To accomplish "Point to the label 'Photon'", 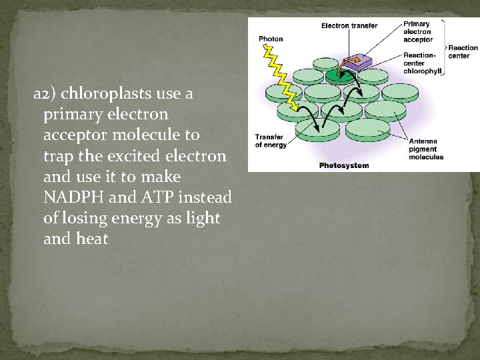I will [271, 39].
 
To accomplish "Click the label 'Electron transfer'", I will [349, 26].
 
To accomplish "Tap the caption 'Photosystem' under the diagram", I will [343, 165].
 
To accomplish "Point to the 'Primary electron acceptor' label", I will [418, 32].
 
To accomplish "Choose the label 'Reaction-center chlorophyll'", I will [422, 63].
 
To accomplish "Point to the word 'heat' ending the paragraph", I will [92, 239].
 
